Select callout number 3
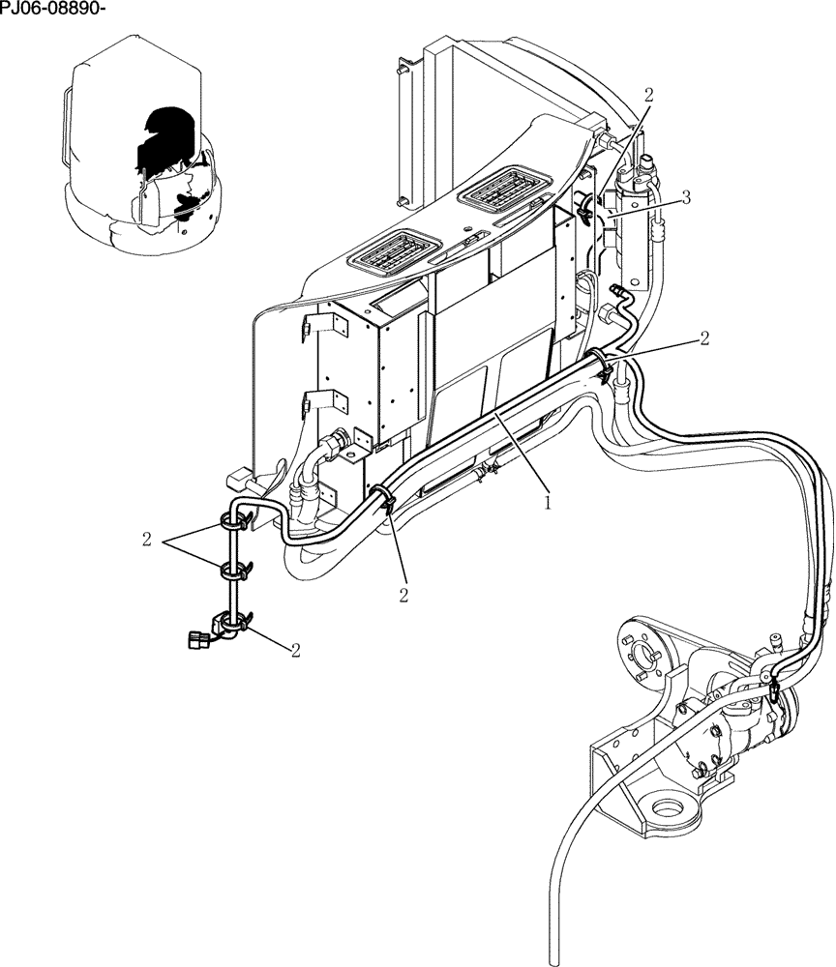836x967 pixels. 685,198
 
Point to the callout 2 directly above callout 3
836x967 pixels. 648,95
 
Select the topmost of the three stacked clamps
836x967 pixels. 233,521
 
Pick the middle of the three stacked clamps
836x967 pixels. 233,571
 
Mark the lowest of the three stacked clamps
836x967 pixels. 231,625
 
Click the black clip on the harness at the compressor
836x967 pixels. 774,688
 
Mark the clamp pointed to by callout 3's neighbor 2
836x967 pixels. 587,204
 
